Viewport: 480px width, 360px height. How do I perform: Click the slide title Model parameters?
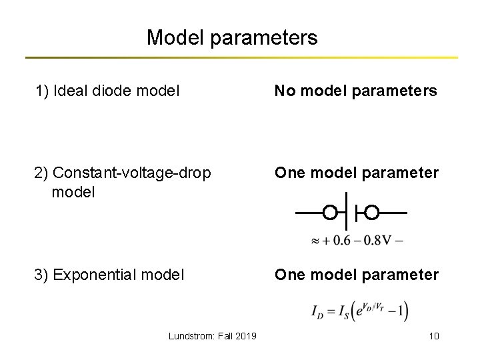tap(232, 37)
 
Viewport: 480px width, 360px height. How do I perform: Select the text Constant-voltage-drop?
tap(131, 173)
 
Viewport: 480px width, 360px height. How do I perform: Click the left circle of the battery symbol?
tap(329, 213)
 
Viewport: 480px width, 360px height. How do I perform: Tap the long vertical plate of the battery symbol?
tap(347, 213)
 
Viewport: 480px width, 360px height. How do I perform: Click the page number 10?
tap(434, 335)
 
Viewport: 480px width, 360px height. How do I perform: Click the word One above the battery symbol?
tap(289, 173)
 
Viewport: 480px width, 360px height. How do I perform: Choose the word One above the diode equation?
tap(289, 274)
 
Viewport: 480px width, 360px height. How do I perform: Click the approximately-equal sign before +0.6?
tap(315, 241)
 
